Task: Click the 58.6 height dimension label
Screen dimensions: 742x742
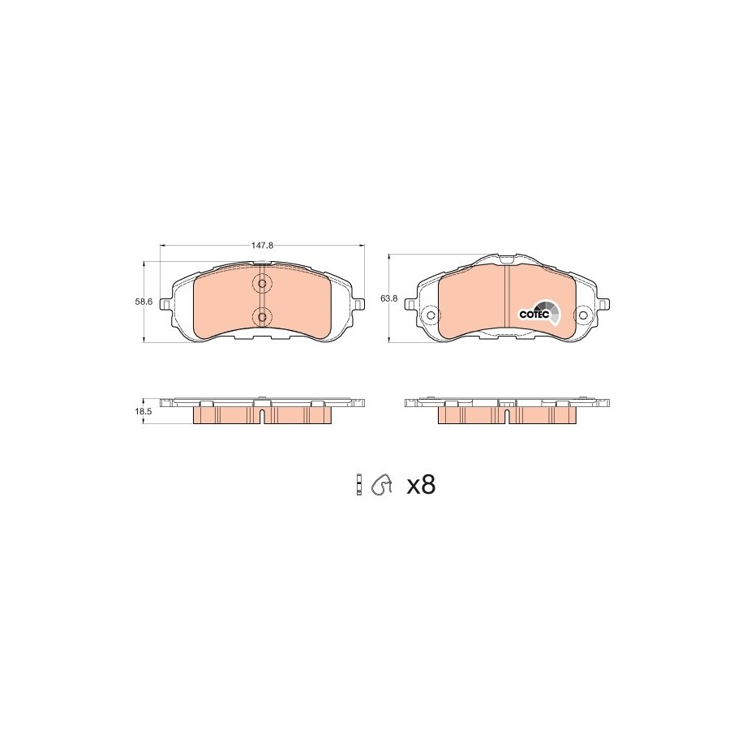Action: (144, 302)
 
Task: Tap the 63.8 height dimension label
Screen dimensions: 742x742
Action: (389, 298)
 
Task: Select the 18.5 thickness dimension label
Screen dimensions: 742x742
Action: (143, 412)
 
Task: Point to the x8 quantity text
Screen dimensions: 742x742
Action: (421, 486)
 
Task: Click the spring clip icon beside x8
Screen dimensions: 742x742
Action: (383, 485)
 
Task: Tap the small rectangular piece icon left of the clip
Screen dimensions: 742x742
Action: (359, 485)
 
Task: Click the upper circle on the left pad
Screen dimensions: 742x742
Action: (262, 285)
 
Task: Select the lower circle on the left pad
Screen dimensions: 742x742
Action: (262, 315)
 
